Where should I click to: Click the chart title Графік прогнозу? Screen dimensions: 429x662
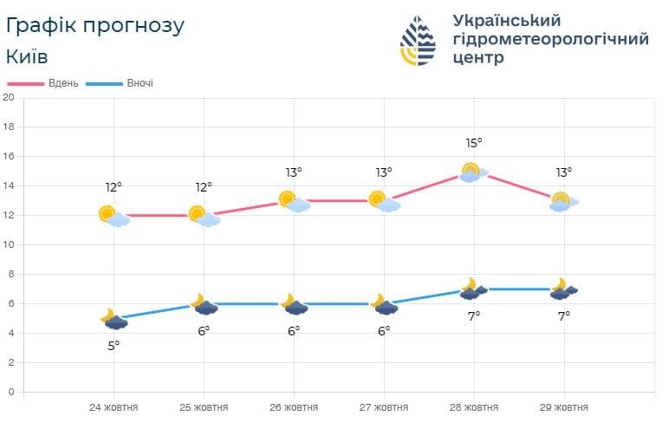tap(94, 25)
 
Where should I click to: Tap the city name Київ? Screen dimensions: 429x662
tap(27, 56)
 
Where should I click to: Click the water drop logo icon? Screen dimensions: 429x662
tap(419, 40)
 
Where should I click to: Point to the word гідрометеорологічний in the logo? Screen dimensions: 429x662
tap(550, 39)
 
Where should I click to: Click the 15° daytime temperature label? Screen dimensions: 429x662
tap(474, 143)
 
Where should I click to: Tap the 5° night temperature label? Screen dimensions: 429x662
tap(114, 345)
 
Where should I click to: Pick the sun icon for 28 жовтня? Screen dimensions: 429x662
tap(471, 171)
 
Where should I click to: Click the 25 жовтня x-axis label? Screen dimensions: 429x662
tap(204, 407)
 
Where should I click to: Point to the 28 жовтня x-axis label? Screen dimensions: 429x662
tap(474, 407)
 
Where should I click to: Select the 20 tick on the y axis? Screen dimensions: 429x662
tap(9, 97)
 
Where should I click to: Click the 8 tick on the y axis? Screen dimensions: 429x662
tap(10, 274)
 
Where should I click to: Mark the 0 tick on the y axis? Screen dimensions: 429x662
tap(10, 392)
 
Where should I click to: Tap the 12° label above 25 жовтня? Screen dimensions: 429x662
tap(204, 186)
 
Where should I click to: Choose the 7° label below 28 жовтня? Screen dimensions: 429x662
tap(474, 316)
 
